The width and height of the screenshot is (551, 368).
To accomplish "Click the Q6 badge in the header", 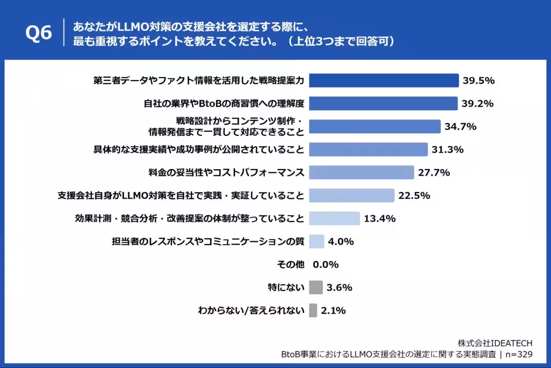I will [x=39, y=34].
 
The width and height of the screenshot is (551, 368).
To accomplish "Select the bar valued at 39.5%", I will [x=384, y=80].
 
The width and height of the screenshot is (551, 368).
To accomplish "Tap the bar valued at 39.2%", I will [x=383, y=103].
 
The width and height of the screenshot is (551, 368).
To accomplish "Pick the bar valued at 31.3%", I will [x=368, y=149].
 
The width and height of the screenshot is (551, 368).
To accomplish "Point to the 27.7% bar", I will [x=361, y=172].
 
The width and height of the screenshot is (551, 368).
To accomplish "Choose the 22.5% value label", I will [x=414, y=195].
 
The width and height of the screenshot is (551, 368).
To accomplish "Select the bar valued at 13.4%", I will [x=334, y=218].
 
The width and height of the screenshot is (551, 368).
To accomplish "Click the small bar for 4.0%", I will [x=317, y=241].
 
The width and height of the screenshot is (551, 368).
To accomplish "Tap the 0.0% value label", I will [x=326, y=264].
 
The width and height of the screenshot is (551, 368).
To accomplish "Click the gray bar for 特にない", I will [x=316, y=287].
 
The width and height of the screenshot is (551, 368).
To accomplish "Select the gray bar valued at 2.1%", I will [x=313, y=310].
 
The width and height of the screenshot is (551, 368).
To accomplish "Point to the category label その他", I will [x=291, y=264].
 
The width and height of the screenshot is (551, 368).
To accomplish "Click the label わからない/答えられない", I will [x=251, y=310].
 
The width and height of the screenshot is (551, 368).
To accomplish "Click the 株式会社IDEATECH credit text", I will [x=495, y=344].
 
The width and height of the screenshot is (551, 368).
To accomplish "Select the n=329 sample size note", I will [x=518, y=355].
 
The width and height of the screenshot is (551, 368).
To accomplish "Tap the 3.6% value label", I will [x=339, y=287].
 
